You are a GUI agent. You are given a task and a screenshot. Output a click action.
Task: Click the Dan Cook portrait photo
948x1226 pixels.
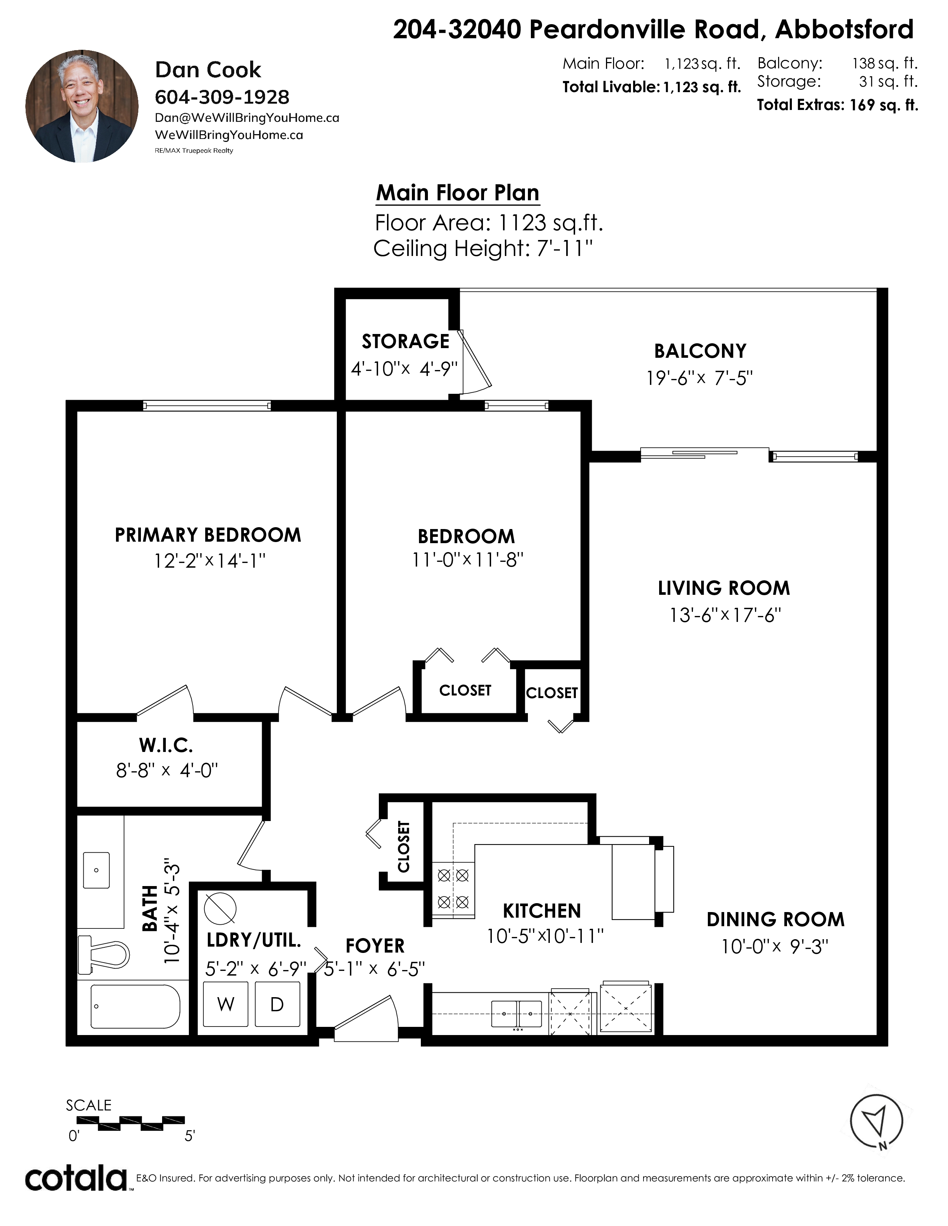(x=82, y=106)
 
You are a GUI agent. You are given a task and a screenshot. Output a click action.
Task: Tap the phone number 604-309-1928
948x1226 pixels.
(x=222, y=97)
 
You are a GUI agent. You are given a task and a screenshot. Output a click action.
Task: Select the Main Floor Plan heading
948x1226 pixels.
(x=458, y=192)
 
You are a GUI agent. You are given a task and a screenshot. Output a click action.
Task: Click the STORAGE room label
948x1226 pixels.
(x=406, y=341)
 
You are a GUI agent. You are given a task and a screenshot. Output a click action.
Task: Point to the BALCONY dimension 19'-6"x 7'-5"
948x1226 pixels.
(x=699, y=378)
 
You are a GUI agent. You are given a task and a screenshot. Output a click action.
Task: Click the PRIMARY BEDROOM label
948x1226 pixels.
(x=208, y=535)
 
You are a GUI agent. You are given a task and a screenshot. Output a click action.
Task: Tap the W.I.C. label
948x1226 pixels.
(x=166, y=746)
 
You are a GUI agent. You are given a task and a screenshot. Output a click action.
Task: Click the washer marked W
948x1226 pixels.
(x=226, y=1004)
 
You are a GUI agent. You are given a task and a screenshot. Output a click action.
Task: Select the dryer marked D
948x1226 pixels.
(x=277, y=1004)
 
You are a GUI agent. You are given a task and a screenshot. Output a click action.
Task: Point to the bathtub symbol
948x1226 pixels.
(x=135, y=1006)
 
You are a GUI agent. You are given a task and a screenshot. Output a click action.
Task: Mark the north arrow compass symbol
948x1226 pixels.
(x=876, y=1123)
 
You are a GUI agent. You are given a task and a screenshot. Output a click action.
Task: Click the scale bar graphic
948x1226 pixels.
(x=142, y=1123)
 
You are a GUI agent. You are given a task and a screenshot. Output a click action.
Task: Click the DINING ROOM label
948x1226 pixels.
(x=776, y=919)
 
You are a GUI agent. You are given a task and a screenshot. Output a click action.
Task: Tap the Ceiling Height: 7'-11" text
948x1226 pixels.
(x=483, y=248)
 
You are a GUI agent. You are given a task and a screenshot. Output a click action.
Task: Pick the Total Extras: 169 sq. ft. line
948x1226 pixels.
(x=837, y=105)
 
